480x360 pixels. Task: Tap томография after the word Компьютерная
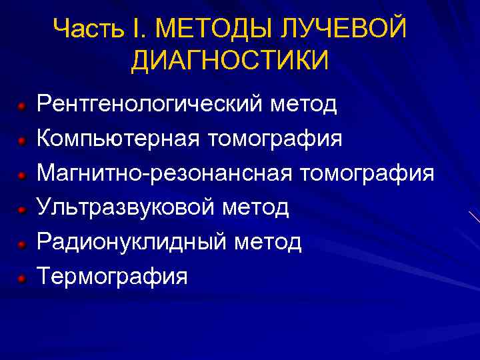[275, 139]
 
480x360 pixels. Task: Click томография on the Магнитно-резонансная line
[367, 174]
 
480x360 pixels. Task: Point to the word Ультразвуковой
[126, 208]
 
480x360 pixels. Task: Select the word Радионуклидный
[132, 242]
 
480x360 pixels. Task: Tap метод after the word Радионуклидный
[268, 242]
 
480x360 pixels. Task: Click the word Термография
[112, 276]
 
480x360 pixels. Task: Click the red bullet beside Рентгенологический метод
[21, 106]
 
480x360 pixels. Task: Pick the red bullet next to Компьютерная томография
[21, 141]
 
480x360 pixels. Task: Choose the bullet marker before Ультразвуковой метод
[21, 209]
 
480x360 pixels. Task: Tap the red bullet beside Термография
[21, 277]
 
